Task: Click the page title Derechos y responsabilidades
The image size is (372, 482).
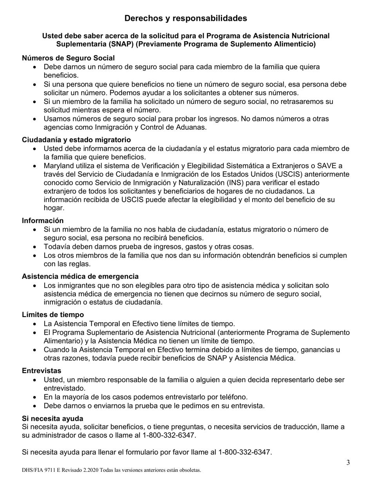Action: pos(186,18)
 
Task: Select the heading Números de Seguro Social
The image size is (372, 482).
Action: pos(68,58)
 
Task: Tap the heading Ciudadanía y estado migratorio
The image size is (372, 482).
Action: pos(76,140)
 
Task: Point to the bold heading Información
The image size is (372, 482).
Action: pos(43,221)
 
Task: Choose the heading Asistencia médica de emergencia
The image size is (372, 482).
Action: pos(80,276)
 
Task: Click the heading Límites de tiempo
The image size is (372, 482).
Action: pos(53,315)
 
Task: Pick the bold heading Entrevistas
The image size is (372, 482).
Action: pos(42,370)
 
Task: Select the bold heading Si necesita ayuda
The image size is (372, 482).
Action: pos(52,419)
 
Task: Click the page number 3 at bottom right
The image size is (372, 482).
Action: pos(348,463)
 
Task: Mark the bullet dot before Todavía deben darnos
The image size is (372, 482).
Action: pos(35,247)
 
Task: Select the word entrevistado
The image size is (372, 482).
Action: pos(64,388)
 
